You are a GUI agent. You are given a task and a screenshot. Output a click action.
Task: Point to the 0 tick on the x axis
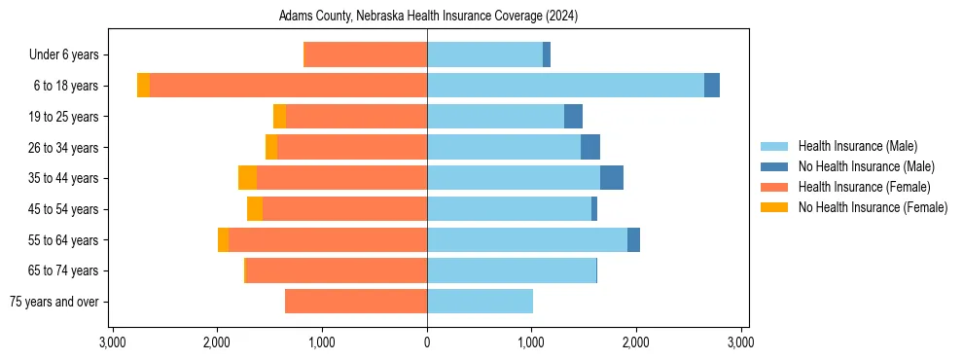click(x=427, y=342)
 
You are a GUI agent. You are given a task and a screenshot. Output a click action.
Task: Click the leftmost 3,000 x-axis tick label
click(x=113, y=342)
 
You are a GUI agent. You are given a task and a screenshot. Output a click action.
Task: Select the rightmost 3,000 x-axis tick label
click(x=741, y=342)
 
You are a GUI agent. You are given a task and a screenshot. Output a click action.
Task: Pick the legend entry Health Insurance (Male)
click(x=857, y=146)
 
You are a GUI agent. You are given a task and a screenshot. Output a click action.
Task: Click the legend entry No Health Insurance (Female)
click(x=873, y=207)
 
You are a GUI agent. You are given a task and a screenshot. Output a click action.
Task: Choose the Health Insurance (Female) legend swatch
click(x=775, y=187)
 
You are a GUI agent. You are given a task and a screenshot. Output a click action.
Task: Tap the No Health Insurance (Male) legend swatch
click(x=775, y=166)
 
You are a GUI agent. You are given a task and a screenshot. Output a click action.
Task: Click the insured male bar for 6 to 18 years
click(x=565, y=86)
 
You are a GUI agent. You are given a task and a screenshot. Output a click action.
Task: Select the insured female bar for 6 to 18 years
click(x=288, y=86)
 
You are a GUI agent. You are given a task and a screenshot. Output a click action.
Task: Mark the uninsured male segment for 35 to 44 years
click(x=612, y=178)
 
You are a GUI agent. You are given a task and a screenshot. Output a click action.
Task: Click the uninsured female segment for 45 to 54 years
click(x=255, y=209)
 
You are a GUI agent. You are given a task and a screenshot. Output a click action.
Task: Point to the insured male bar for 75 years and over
click(x=480, y=302)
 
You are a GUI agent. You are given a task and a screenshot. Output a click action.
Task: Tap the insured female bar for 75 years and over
click(x=356, y=302)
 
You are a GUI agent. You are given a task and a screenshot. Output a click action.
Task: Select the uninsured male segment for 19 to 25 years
click(x=574, y=117)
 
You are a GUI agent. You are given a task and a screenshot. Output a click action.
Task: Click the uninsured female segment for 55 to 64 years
click(x=223, y=240)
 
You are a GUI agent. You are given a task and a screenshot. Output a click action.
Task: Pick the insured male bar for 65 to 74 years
click(x=512, y=270)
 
